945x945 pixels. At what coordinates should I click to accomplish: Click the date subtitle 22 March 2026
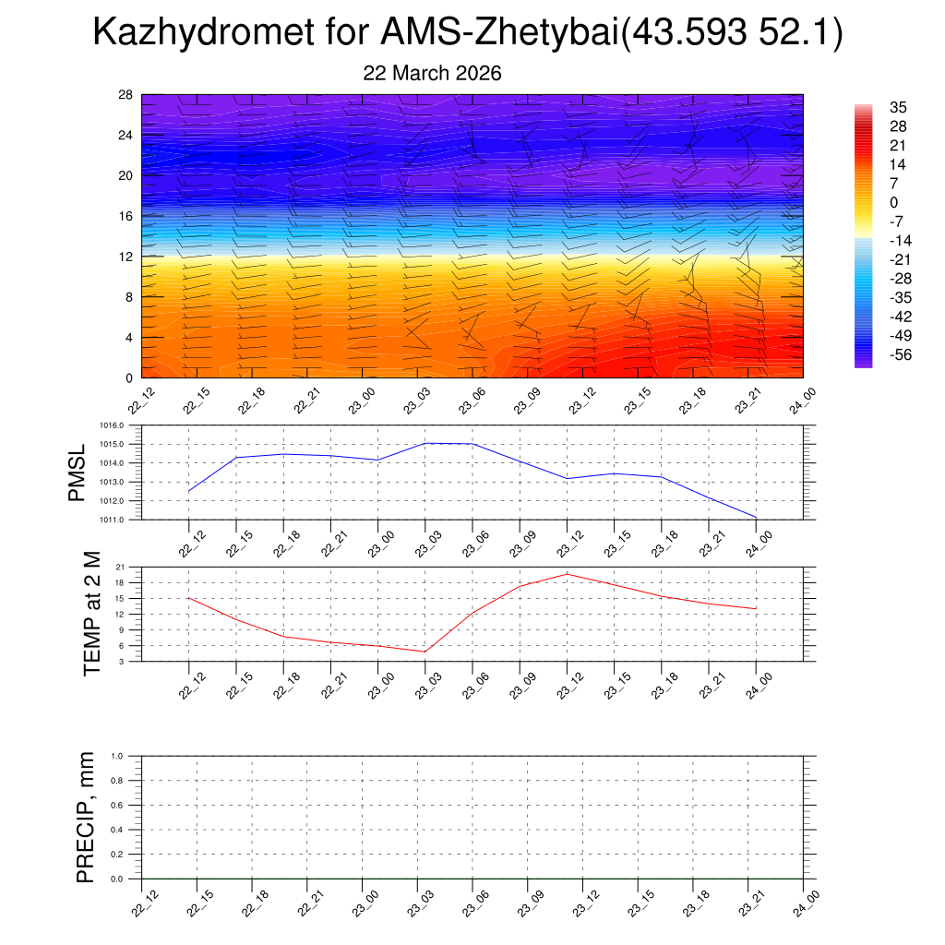pyautogui.click(x=432, y=74)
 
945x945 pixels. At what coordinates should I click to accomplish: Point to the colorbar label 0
pyautogui.click(x=893, y=203)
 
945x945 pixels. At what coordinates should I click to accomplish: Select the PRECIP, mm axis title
pyautogui.click(x=85, y=818)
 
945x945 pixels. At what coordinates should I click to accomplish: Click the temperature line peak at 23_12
pyautogui.click(x=567, y=574)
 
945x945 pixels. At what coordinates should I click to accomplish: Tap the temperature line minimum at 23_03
pyautogui.click(x=425, y=652)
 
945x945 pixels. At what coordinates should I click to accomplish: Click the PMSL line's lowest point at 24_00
pyautogui.click(x=756, y=518)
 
